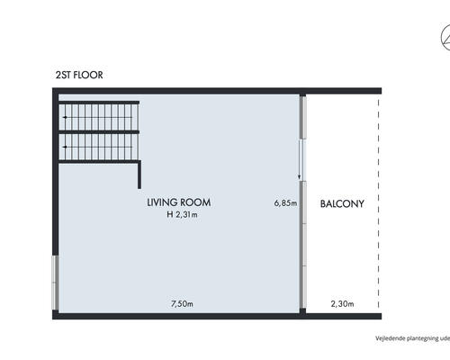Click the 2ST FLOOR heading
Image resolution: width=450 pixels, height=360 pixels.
click(79, 75)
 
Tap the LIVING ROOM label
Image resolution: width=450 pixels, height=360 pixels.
click(179, 202)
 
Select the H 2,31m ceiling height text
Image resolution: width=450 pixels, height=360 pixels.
click(182, 214)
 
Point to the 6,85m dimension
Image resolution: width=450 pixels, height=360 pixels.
click(285, 203)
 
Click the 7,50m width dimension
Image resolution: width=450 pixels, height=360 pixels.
click(182, 304)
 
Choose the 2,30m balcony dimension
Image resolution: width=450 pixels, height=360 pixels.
click(342, 304)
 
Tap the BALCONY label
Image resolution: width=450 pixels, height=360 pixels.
click(342, 204)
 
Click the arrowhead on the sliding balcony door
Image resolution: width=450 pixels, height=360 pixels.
click(299, 178)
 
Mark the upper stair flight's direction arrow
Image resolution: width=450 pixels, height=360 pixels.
click(97, 117)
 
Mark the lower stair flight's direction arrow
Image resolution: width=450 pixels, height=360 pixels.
click(97, 147)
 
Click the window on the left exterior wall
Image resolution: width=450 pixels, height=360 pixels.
click(55, 283)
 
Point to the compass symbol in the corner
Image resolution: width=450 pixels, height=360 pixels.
click(445, 38)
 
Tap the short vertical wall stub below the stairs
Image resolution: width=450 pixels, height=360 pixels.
click(139, 175)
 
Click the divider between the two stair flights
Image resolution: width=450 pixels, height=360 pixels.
click(99, 132)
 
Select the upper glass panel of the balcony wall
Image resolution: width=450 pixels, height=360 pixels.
click(303, 117)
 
